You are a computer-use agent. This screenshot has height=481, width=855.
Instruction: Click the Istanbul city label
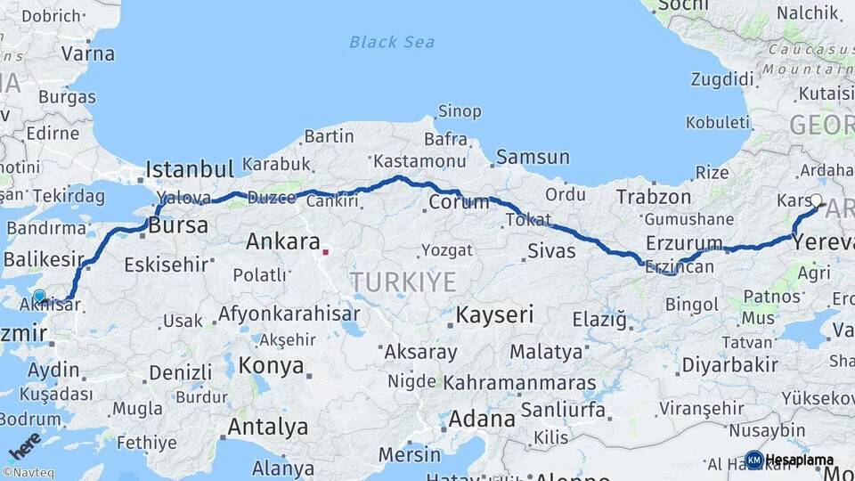190,168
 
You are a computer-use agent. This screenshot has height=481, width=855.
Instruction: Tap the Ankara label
282,241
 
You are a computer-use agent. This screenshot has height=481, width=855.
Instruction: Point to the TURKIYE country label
403,282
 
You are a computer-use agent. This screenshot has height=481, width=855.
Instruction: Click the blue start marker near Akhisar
39,297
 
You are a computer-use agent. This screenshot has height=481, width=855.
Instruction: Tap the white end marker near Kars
817,200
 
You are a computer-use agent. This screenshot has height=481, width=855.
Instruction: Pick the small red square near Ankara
325,252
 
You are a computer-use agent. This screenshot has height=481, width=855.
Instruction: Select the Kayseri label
494,314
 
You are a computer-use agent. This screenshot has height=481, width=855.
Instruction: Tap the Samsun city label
533,158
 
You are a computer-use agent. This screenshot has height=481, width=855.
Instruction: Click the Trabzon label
654,197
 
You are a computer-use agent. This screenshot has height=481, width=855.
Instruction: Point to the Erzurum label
684,242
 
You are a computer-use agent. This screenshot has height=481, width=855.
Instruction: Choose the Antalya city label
267,428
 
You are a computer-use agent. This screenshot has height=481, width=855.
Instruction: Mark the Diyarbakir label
730,365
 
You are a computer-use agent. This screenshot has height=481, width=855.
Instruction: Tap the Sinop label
459,111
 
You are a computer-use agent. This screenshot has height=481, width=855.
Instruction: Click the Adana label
482,419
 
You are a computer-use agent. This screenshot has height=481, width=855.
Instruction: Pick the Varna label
88,53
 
